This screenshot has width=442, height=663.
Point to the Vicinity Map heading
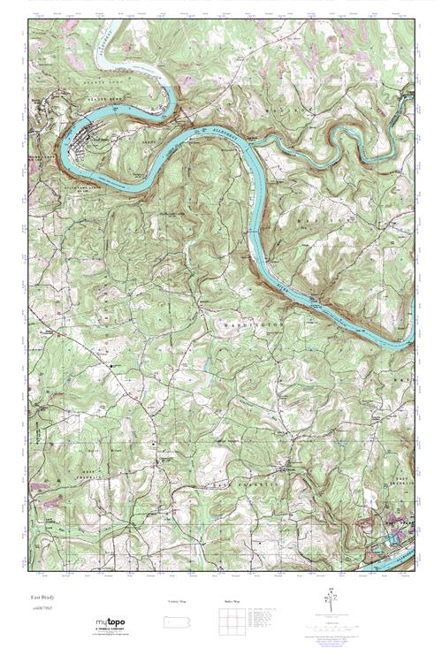178,601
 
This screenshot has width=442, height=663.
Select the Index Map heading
231,601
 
